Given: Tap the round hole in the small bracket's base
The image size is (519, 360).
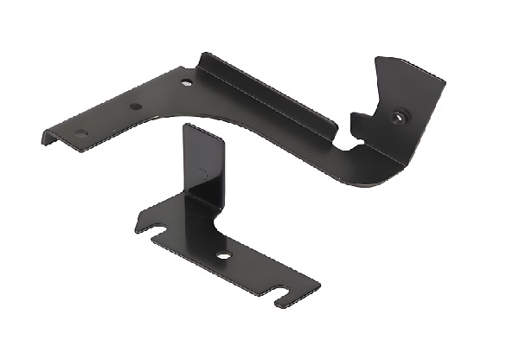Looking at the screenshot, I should (x=224, y=256).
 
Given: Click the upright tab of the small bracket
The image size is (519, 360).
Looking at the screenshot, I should (x=204, y=164).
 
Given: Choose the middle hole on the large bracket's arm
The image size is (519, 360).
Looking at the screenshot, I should (x=134, y=106).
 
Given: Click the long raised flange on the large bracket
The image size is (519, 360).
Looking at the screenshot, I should (x=268, y=95).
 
